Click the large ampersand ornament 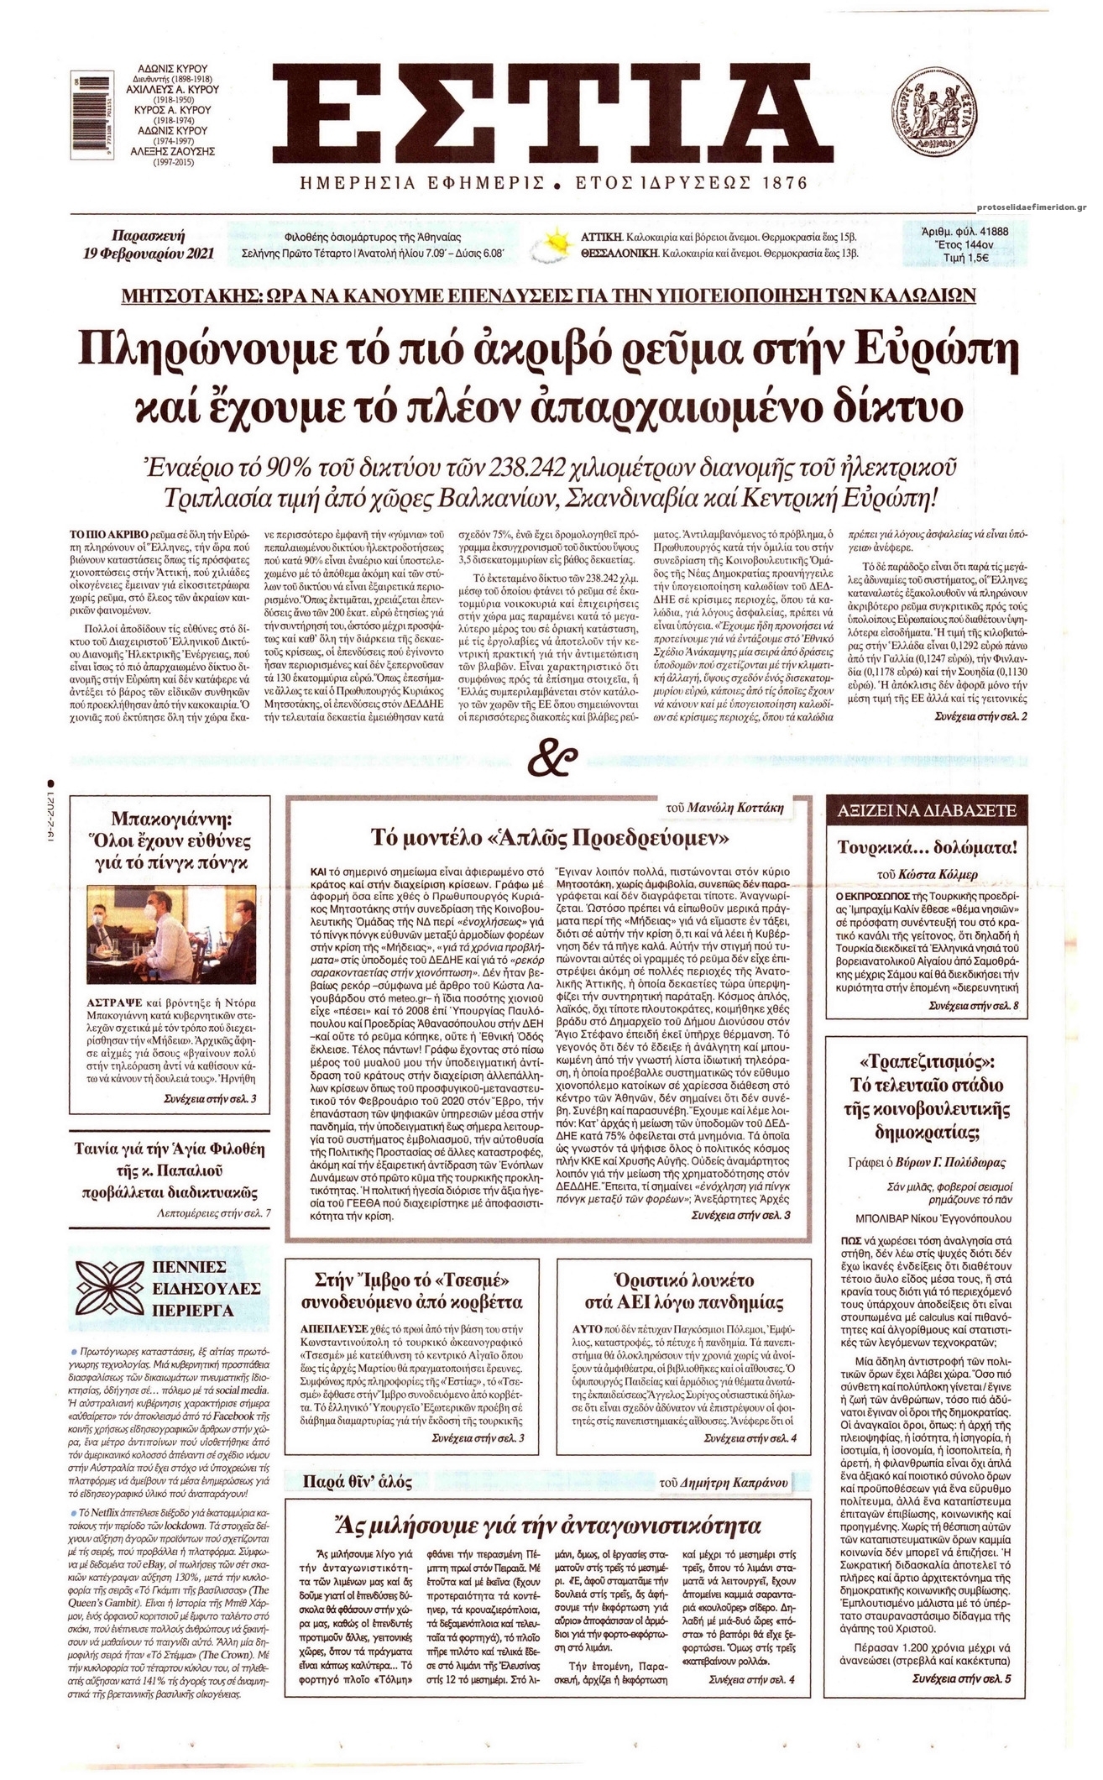pyautogui.click(x=551, y=762)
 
